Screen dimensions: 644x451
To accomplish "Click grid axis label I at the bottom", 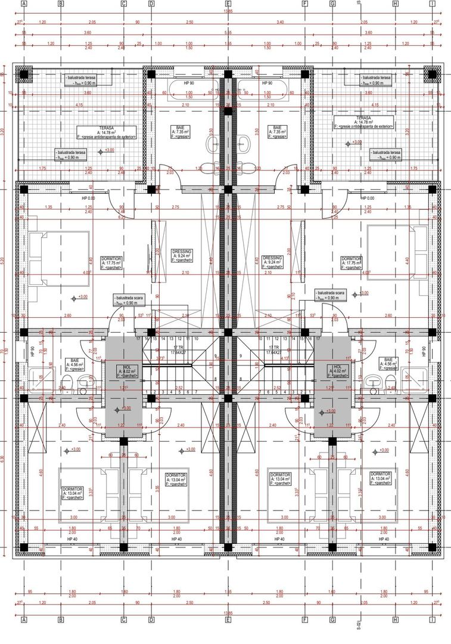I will tap(432, 620).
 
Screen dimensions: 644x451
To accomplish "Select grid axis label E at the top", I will tap(228, 4).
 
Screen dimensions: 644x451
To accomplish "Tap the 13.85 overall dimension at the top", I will tap(228, 11).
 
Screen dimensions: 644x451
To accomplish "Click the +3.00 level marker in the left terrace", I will tap(102, 151).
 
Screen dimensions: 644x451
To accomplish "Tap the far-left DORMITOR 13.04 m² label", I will tap(73, 493).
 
